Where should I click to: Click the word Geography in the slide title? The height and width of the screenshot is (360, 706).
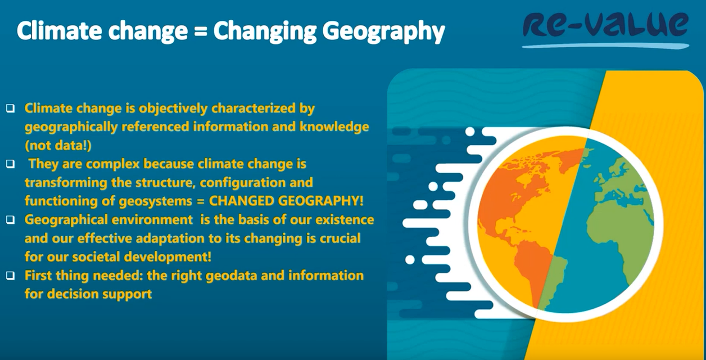383,32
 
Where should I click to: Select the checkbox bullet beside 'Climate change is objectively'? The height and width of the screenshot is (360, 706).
11,108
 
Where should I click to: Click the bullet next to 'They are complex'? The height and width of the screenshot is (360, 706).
11,164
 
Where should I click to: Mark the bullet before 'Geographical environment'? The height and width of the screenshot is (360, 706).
11,219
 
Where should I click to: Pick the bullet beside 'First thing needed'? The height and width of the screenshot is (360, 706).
11,276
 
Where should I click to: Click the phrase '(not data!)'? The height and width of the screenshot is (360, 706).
58,146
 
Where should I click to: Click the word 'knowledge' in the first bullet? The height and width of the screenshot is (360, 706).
334,127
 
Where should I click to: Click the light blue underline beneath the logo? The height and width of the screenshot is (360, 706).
605,46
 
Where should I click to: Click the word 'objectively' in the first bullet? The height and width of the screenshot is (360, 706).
173,109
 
